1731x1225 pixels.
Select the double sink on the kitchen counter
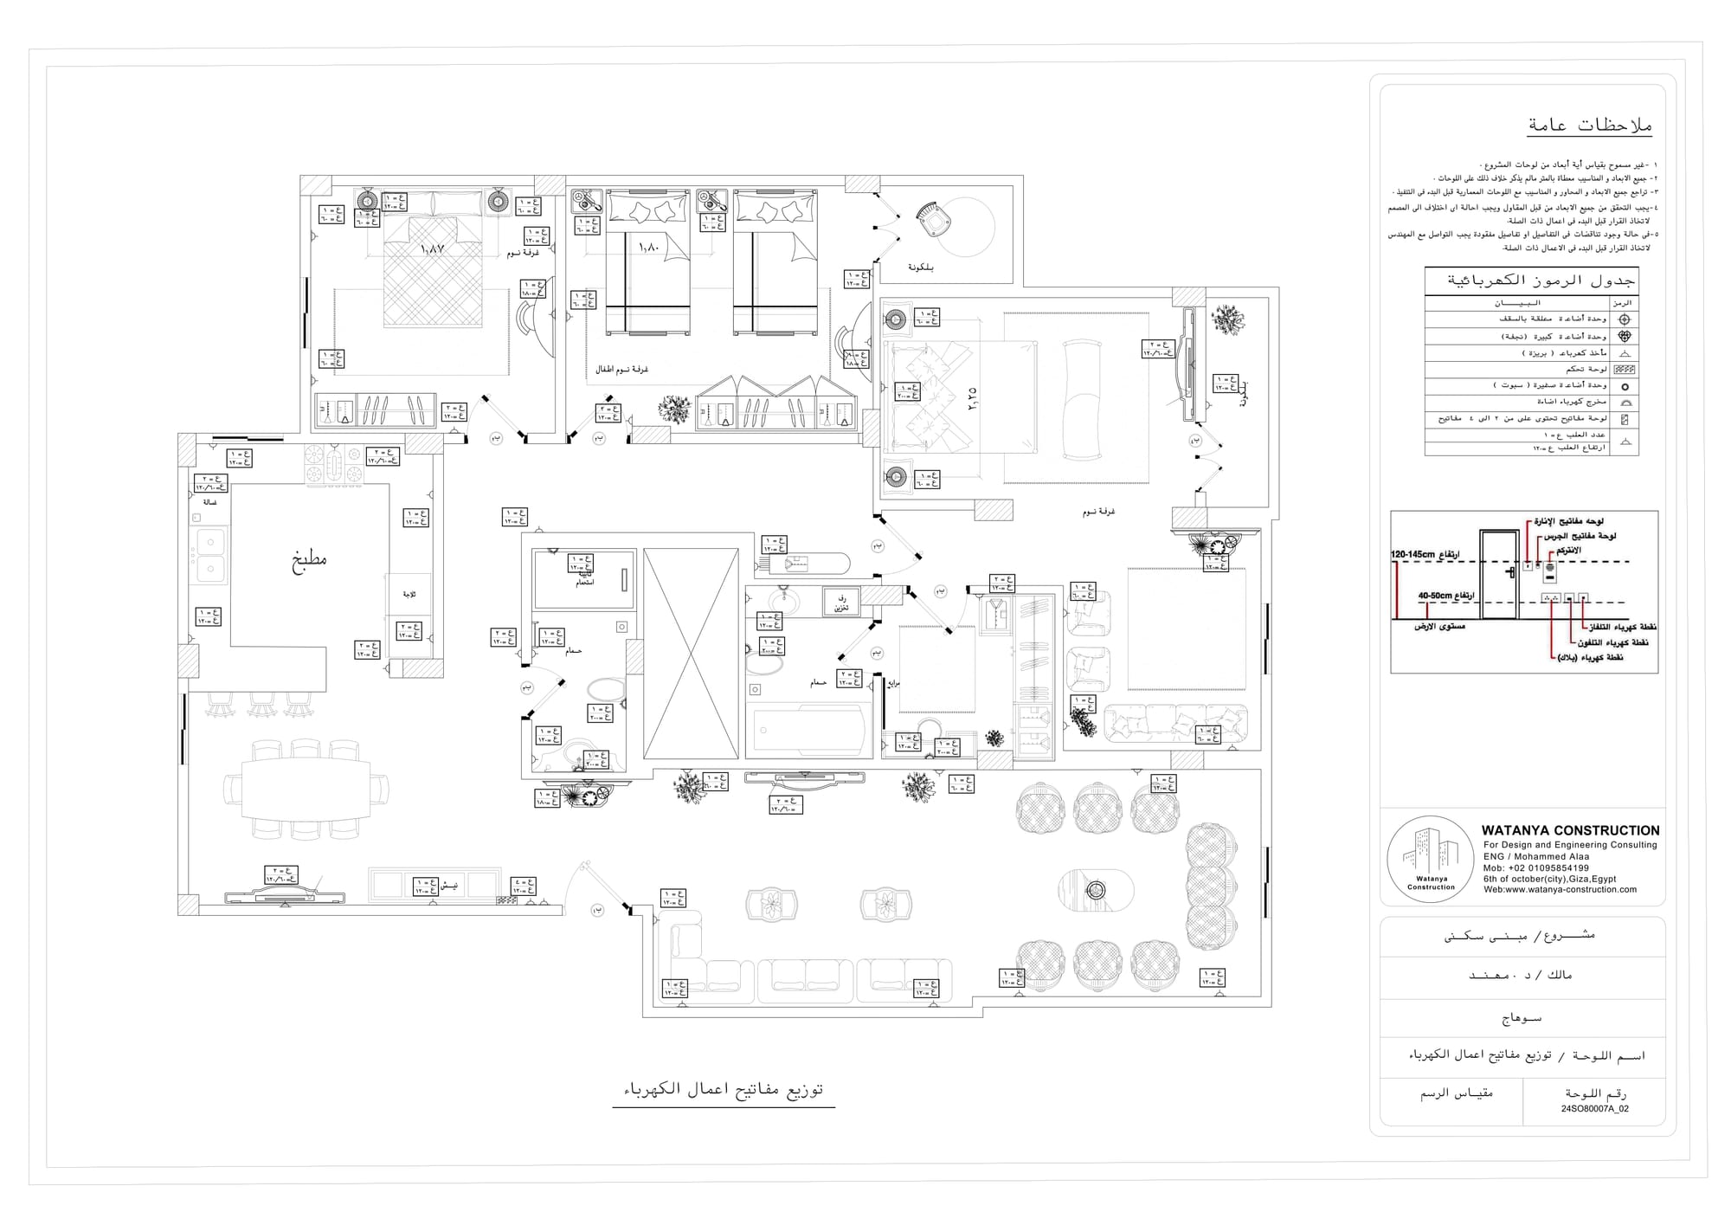click(209, 555)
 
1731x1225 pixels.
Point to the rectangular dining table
click(306, 789)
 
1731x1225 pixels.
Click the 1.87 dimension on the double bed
click(433, 248)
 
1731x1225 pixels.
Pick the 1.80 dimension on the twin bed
click(648, 247)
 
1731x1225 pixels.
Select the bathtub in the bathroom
click(808, 730)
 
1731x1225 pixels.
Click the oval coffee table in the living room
click(1096, 890)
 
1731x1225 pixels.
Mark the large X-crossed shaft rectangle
click(691, 654)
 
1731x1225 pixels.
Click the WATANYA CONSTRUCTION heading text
click(1570, 830)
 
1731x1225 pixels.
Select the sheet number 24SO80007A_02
click(1594, 1108)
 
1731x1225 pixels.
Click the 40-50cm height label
click(1445, 596)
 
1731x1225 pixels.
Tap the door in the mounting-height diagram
click(1500, 575)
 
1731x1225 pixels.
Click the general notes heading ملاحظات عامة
click(1589, 126)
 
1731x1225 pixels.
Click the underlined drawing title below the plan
click(724, 1090)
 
